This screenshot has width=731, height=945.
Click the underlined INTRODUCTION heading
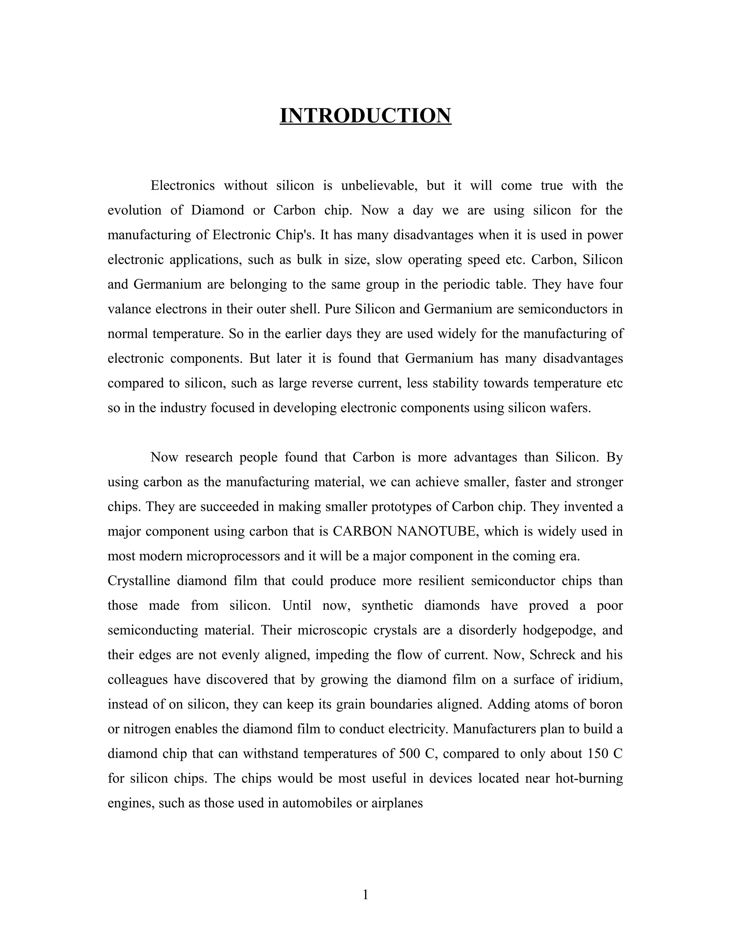[365, 116]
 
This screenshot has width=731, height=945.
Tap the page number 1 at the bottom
[365, 894]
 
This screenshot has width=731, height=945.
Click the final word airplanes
[397, 803]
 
